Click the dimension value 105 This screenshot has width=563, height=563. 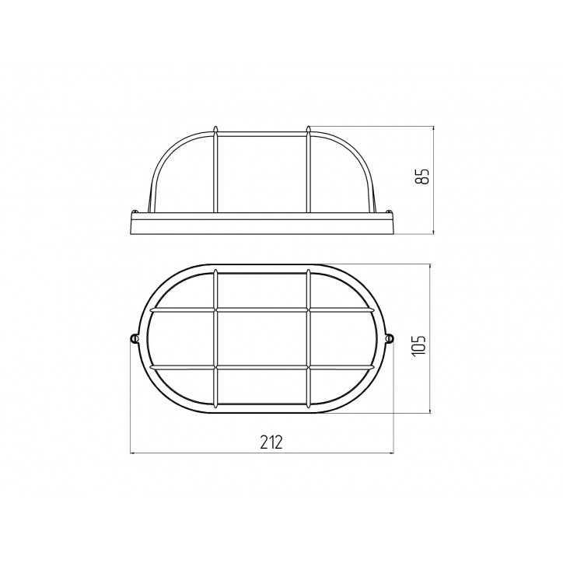(x=419, y=345)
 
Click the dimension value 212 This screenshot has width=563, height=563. (x=271, y=442)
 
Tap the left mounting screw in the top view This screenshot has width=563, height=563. (x=134, y=338)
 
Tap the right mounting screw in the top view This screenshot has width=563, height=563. (x=390, y=338)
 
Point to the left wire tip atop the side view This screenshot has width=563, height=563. (x=215, y=127)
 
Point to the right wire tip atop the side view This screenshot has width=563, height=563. (x=308, y=127)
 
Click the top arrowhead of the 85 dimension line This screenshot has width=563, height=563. (x=434, y=128)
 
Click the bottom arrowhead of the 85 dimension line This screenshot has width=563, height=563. (x=434, y=231)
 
